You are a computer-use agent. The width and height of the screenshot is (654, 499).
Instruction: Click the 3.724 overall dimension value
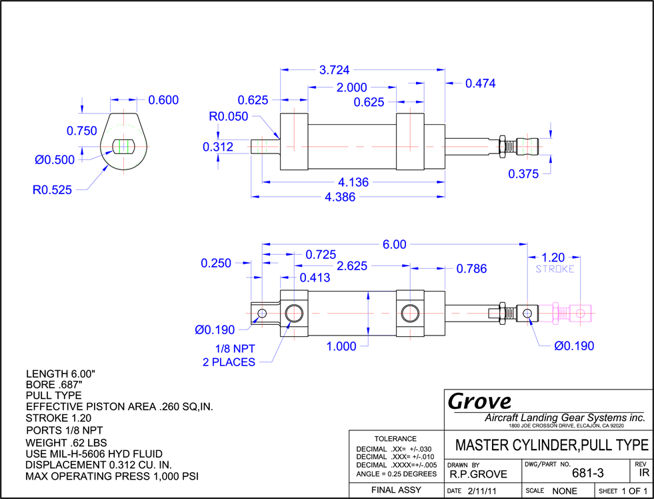point(334,70)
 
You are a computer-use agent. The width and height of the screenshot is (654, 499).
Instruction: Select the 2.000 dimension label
point(351,87)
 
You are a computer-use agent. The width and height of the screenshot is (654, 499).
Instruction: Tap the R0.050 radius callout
point(228,116)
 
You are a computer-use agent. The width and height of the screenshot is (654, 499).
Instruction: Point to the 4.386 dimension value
point(340,197)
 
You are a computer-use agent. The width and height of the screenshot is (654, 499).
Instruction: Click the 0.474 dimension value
point(481,83)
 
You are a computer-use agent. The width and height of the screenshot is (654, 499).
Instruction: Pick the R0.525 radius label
point(52,190)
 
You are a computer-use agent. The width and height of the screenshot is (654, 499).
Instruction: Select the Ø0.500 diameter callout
point(55,160)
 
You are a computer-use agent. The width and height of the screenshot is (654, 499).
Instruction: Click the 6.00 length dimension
point(394,244)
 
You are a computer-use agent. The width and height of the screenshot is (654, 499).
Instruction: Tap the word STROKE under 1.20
point(555,269)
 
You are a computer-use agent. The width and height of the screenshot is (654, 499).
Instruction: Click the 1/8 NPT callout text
point(235,349)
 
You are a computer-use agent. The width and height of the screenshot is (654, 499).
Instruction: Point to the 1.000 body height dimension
point(341,346)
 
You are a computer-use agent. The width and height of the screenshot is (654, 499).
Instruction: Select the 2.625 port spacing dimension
point(351,266)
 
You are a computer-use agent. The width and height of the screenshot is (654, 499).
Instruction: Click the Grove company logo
point(479,402)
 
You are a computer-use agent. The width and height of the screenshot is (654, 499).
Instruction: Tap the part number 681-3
point(588,473)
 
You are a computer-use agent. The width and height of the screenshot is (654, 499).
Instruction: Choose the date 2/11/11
point(482,491)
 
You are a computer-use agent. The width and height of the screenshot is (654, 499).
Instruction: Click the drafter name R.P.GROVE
point(479,474)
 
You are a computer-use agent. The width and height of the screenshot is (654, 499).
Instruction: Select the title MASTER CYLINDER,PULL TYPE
point(552,445)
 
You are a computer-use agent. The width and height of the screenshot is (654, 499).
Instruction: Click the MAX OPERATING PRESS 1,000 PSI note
point(112,476)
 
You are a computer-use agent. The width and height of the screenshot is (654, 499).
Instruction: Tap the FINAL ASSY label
point(396,490)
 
